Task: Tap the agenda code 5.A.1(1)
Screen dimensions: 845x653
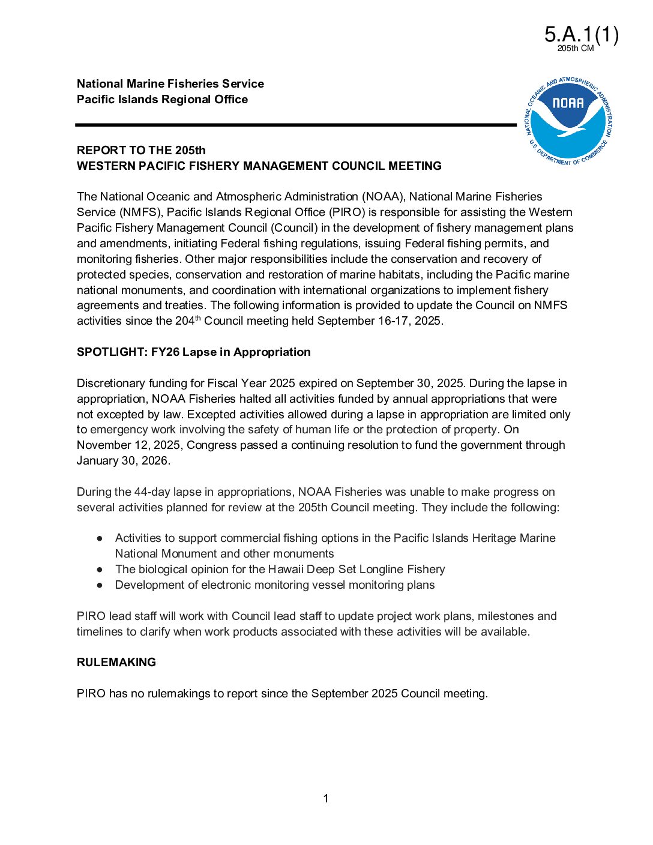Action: [581, 35]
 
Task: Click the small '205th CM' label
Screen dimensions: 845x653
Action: [575, 49]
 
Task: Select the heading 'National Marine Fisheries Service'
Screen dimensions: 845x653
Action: [170, 84]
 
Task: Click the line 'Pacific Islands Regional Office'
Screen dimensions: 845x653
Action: [162, 100]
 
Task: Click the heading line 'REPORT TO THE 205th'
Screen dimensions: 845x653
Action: [141, 151]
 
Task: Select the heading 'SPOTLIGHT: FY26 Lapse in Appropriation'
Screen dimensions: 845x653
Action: [193, 352]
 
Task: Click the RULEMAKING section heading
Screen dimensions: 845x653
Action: [116, 663]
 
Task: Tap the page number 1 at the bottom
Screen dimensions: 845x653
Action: [326, 799]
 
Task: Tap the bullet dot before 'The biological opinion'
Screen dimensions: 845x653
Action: [100, 570]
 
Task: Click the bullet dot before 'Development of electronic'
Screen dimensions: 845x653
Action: [100, 585]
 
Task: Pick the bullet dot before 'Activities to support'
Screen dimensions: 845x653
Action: [100, 538]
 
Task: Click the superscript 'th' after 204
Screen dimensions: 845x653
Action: [198, 318]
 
